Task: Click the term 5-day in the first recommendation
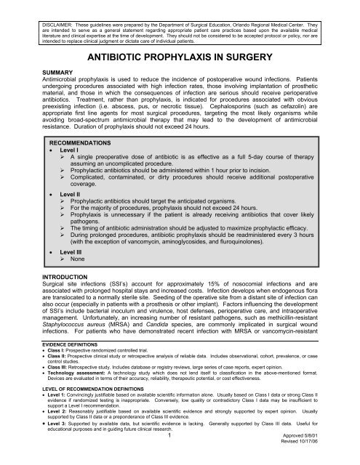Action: point(265,169)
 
